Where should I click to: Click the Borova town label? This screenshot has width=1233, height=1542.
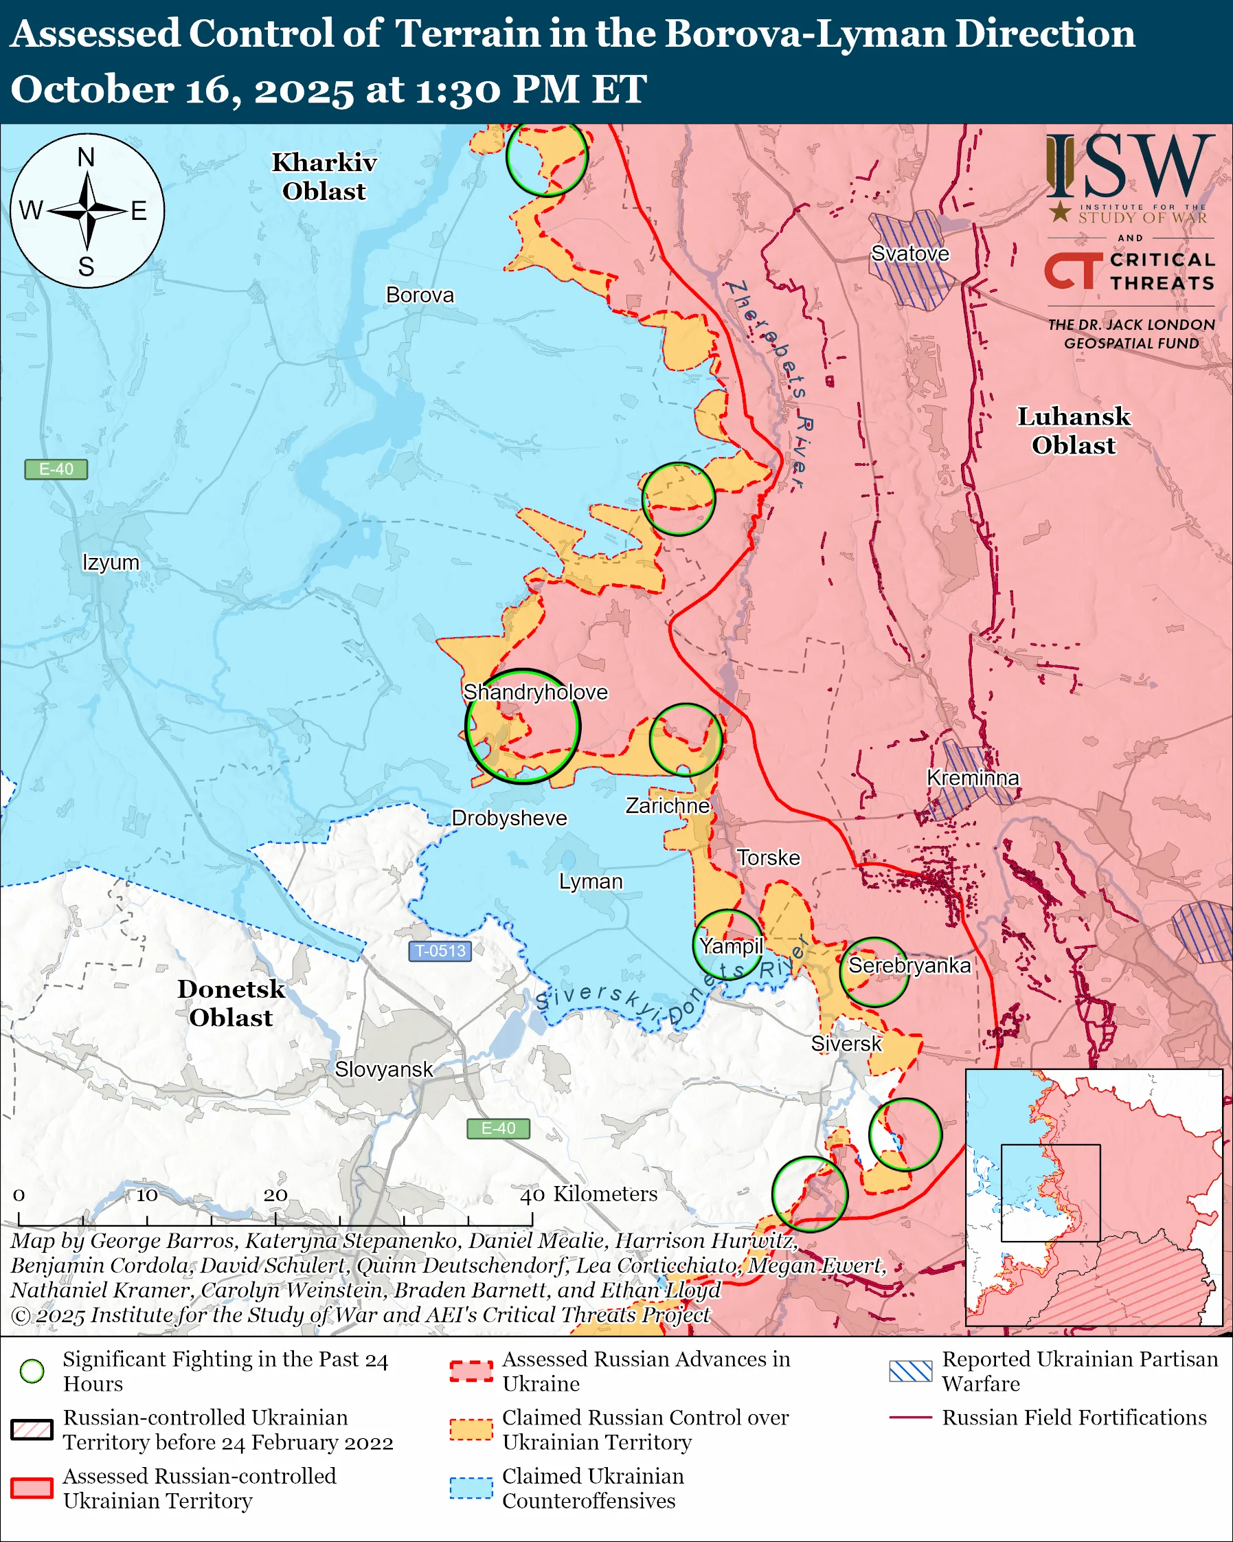420,295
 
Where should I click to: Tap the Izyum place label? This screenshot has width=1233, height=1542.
111,562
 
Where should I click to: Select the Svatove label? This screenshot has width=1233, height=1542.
910,253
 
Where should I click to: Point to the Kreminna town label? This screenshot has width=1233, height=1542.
973,777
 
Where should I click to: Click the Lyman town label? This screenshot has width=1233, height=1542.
591,881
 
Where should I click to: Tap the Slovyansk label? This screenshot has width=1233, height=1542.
384,1069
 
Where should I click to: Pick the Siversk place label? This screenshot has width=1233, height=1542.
846,1044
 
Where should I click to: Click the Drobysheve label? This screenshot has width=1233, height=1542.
509,818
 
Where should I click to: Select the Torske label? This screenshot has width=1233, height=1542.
769,858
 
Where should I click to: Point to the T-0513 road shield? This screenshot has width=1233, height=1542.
440,950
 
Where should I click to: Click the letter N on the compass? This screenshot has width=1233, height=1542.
87,157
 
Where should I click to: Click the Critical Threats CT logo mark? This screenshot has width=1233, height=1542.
1073,270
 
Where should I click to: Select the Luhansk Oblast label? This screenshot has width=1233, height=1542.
1074,431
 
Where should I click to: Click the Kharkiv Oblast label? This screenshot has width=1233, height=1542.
324,177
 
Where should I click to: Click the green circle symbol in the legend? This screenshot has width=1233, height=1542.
32,1371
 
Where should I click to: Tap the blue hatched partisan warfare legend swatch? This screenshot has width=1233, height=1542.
910,1371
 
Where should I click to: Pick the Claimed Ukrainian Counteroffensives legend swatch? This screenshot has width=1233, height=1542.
471,1488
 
